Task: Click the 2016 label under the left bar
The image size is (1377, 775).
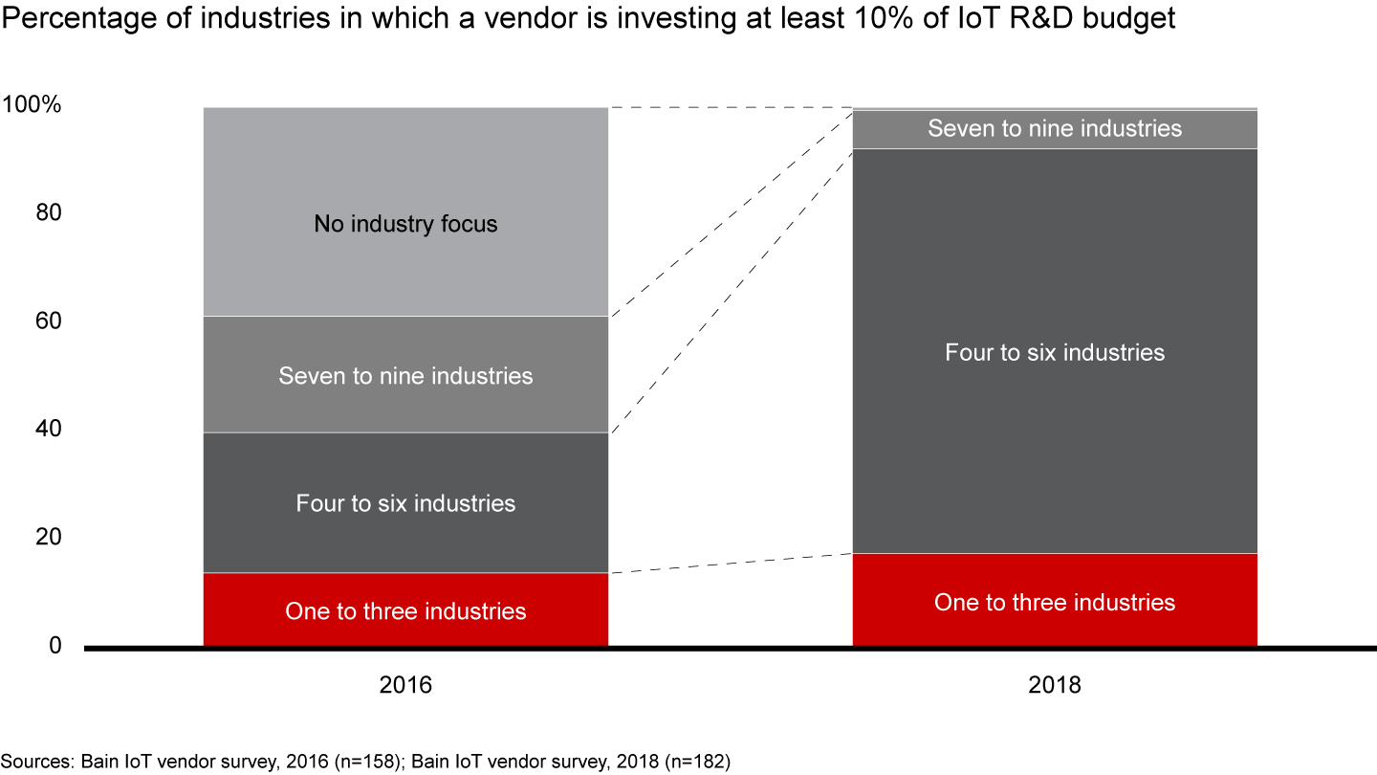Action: pyautogui.click(x=405, y=685)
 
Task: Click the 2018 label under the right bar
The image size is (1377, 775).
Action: pyautogui.click(x=1055, y=685)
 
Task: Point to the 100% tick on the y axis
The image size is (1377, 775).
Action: pyautogui.click(x=33, y=105)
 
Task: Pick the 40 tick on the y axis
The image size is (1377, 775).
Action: pyautogui.click(x=50, y=429)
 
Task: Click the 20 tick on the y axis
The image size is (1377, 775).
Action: pyautogui.click(x=50, y=538)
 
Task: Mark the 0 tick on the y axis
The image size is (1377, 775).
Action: pyautogui.click(x=55, y=646)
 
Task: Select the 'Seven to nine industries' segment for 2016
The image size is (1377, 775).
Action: pyautogui.click(x=405, y=374)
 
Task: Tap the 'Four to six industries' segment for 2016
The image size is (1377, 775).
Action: pyautogui.click(x=405, y=502)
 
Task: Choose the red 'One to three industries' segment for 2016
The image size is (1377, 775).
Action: pyautogui.click(x=405, y=609)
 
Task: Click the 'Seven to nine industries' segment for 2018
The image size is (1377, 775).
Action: pyautogui.click(x=1055, y=128)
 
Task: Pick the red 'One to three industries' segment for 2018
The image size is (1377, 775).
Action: pyautogui.click(x=1055, y=601)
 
